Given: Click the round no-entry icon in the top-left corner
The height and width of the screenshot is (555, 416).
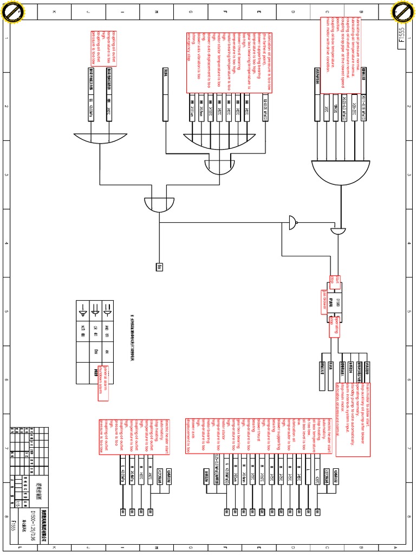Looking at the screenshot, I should click(12, 12).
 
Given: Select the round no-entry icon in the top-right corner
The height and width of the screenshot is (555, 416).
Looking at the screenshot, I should click(404, 12).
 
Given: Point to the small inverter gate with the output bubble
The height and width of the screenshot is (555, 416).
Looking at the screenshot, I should click(292, 222).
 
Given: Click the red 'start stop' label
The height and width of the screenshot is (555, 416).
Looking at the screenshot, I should click(333, 280).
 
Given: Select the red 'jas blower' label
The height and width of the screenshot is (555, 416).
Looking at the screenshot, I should click(320, 299).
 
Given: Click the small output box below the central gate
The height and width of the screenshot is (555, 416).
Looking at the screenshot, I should click(159, 267).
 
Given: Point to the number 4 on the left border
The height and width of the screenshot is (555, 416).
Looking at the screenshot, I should click(7, 243).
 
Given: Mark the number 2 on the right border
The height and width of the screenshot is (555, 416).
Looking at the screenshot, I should click(409, 107).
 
